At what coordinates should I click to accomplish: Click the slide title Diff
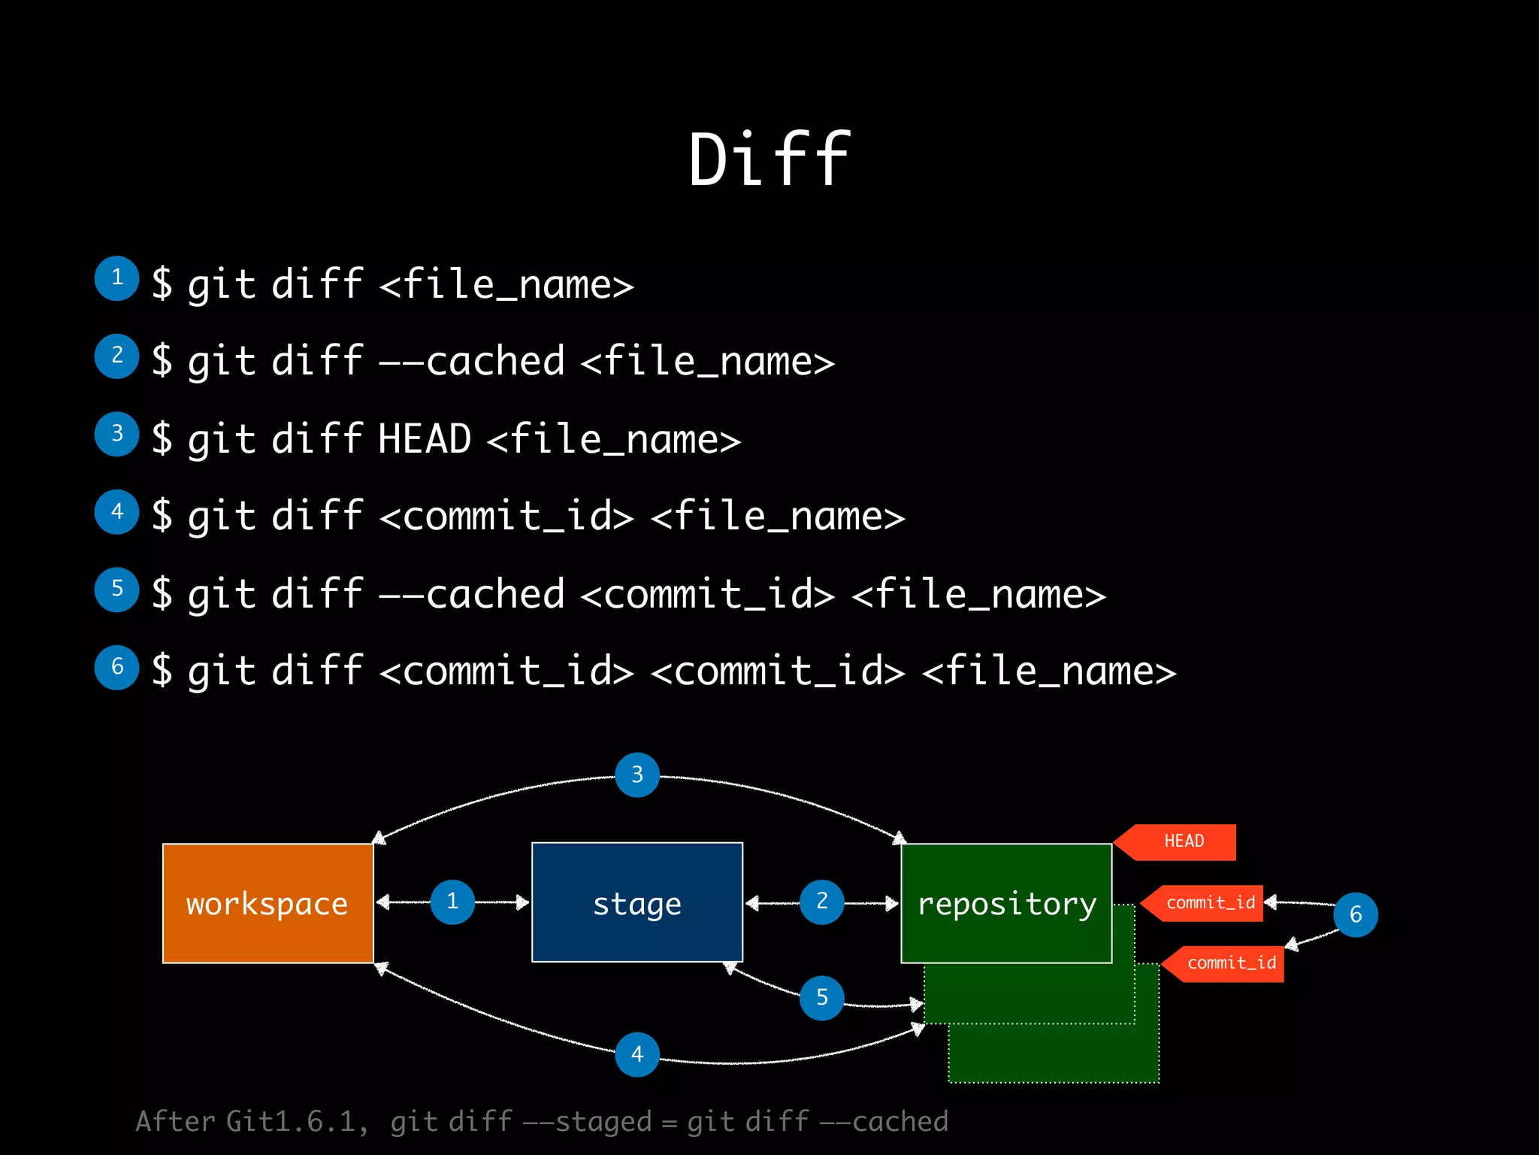pyautogui.click(x=769, y=159)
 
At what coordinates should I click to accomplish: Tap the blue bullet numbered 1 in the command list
pyautogui.click(x=116, y=278)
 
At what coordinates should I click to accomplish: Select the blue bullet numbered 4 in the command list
pyautogui.click(x=116, y=512)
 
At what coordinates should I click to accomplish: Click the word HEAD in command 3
pyautogui.click(x=425, y=438)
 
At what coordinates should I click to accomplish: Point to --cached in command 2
pyautogui.click(x=471, y=361)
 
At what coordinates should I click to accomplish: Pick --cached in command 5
pyautogui.click(x=471, y=594)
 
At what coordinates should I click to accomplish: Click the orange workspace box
pyautogui.click(x=268, y=903)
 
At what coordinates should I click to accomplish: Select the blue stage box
pyautogui.click(x=636, y=902)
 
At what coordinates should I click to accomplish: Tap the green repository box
pyautogui.click(x=1005, y=903)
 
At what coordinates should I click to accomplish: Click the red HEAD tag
pyautogui.click(x=1183, y=841)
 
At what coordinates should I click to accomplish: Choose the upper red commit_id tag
pyautogui.click(x=1209, y=902)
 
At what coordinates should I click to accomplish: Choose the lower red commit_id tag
pyautogui.click(x=1230, y=963)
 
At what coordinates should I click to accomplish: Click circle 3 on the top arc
pyautogui.click(x=636, y=775)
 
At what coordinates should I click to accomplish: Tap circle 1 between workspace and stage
pyautogui.click(x=452, y=902)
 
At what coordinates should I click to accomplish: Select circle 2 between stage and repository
pyautogui.click(x=821, y=902)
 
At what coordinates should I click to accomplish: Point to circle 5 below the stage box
pyautogui.click(x=821, y=998)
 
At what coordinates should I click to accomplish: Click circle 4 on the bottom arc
pyautogui.click(x=636, y=1054)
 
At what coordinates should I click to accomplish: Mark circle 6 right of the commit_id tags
pyautogui.click(x=1355, y=914)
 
